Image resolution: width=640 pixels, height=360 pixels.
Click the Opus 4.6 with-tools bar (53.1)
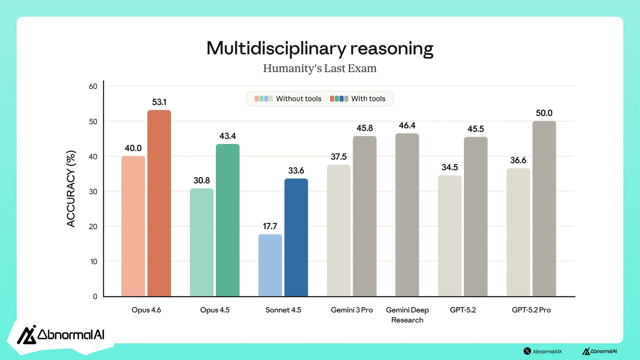[x=159, y=203]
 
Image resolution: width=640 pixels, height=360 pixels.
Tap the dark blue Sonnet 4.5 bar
[x=296, y=237]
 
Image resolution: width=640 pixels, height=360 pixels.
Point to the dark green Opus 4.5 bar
[x=227, y=220]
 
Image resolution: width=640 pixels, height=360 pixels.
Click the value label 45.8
[x=364, y=128]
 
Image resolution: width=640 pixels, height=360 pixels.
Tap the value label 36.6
[x=518, y=160]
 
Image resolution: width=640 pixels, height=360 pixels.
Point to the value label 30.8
[x=202, y=180]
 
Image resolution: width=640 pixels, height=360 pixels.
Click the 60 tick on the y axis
[x=93, y=86]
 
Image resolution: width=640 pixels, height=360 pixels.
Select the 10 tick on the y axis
[x=94, y=262]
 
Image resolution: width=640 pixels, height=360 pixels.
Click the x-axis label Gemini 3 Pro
[x=352, y=310]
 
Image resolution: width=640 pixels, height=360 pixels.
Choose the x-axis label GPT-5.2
[x=462, y=310]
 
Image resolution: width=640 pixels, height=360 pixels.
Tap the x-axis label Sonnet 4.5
[x=283, y=310]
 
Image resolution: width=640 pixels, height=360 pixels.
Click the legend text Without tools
[x=298, y=99]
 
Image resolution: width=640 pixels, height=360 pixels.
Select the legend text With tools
[x=368, y=99]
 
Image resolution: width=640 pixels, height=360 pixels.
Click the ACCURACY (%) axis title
[x=71, y=189]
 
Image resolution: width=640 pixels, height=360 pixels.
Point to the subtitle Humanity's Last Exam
[x=320, y=68]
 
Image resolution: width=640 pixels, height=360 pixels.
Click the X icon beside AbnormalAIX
[x=527, y=351]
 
